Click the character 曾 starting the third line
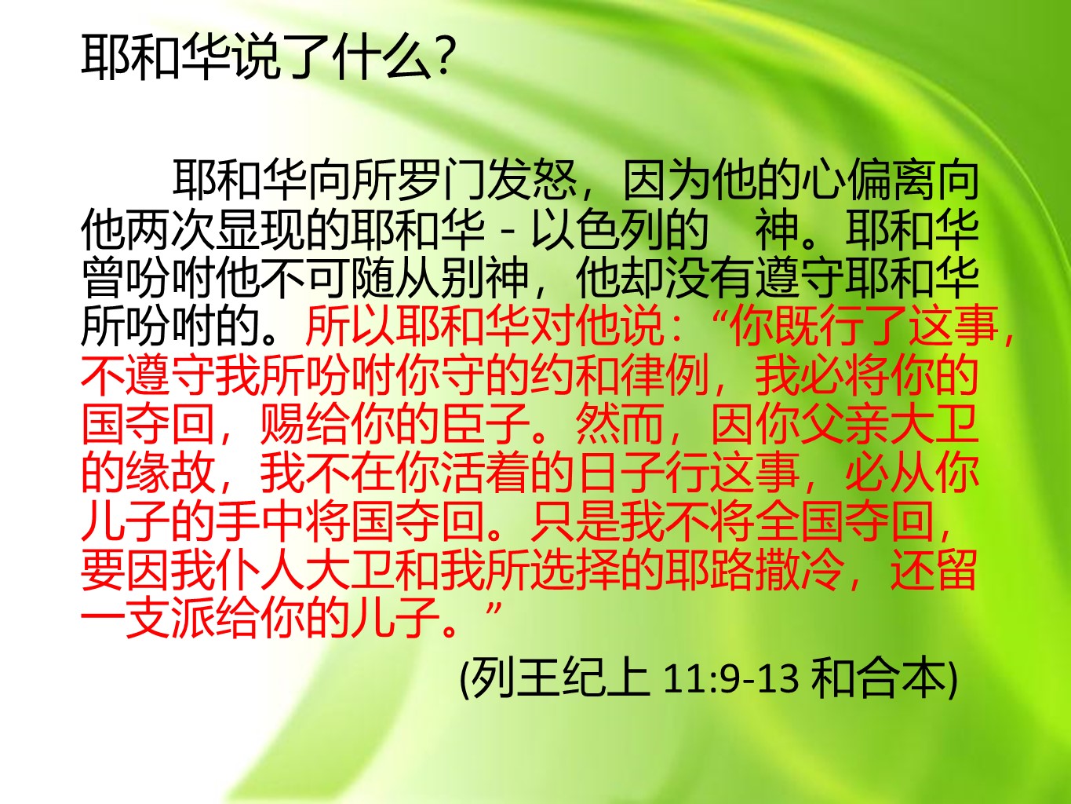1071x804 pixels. point(103,278)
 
